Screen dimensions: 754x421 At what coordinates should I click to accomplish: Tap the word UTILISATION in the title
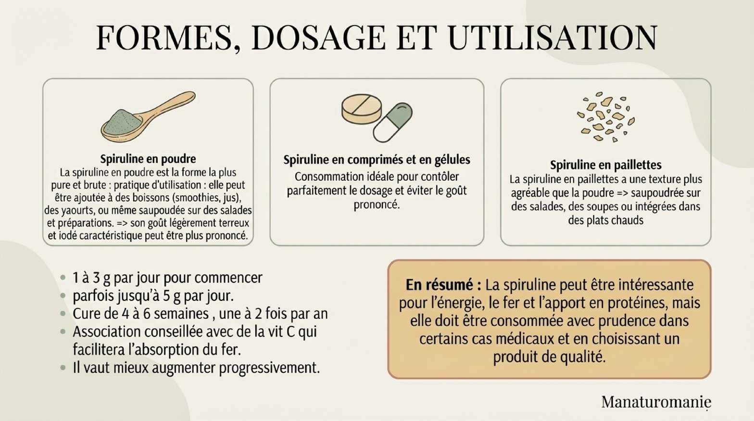pos(553,38)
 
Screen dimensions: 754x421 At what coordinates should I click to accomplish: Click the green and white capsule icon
pos(393,122)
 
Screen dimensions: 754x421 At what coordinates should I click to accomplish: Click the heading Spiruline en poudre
pos(148,159)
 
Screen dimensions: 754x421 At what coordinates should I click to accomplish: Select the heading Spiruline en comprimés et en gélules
pos(377,160)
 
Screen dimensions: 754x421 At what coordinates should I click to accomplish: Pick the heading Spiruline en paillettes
pos(606,165)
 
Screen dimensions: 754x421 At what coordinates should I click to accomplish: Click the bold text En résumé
pos(443,285)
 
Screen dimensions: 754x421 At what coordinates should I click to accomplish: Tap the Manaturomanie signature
pos(656,402)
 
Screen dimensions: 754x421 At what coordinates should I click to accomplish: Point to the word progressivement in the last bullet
pos(269,368)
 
